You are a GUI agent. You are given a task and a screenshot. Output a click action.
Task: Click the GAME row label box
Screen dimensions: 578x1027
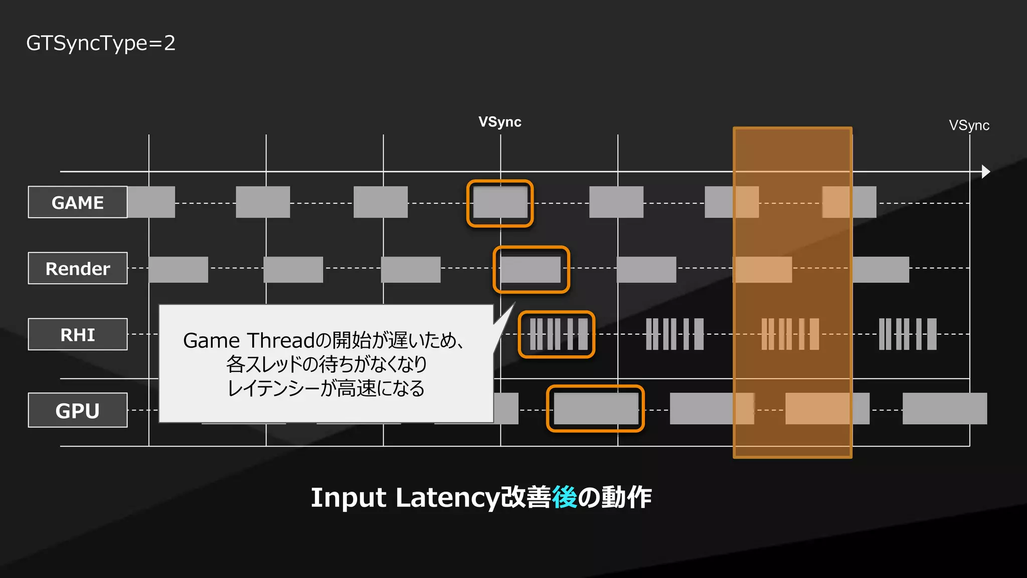click(78, 202)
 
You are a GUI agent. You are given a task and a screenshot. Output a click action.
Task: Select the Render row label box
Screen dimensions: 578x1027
click(78, 268)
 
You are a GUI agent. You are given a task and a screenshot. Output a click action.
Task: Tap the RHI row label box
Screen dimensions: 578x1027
click(78, 334)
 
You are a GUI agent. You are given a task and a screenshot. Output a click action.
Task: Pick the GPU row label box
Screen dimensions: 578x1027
click(78, 410)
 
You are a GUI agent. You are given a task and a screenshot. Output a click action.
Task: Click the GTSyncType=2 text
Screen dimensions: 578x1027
click(101, 44)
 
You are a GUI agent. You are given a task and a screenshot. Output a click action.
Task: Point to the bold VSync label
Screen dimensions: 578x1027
click(499, 122)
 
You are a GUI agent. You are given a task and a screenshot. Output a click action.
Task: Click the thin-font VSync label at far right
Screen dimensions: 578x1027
click(969, 125)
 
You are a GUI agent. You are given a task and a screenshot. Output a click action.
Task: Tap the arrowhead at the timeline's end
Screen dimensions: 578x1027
click(985, 172)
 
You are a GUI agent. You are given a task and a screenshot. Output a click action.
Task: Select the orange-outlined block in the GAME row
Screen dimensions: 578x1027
click(500, 203)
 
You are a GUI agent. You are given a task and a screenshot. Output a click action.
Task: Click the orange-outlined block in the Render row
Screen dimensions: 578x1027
click(531, 269)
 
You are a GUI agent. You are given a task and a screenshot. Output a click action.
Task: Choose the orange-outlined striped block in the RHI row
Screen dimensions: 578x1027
click(557, 334)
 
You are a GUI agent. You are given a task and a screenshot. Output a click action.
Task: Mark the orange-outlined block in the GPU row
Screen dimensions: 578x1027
click(595, 408)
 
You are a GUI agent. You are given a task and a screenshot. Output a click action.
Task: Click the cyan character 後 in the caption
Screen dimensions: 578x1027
click(564, 497)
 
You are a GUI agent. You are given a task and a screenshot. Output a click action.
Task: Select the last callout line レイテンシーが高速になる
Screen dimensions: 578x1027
click(326, 388)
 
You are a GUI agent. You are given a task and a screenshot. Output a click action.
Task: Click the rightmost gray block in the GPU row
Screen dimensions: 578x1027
click(944, 409)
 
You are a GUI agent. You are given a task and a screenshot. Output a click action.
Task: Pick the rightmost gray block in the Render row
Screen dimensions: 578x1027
click(881, 269)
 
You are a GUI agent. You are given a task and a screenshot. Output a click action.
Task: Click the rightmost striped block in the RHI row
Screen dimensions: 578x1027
click(907, 334)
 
